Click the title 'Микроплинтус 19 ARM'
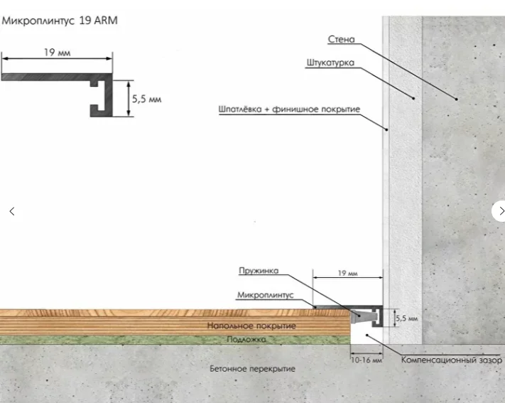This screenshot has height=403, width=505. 60,21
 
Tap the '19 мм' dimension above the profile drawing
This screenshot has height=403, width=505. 57,53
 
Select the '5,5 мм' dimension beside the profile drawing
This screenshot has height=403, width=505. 146,99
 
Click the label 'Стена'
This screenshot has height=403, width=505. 341,39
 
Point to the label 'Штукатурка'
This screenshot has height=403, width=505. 330,63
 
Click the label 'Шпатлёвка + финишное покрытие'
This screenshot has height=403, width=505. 289,109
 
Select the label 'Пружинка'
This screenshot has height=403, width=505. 259,271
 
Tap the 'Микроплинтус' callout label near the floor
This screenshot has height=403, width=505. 266,295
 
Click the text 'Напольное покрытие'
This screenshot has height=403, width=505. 251,326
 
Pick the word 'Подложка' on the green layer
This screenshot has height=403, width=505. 246,339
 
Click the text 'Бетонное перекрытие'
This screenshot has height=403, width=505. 253,368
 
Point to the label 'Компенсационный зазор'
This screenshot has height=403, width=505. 451,360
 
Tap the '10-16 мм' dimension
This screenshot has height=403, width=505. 366,360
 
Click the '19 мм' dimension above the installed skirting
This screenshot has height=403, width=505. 347,273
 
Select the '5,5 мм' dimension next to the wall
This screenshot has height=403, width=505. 406,318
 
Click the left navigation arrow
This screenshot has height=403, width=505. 12,212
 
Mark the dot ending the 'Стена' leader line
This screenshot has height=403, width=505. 457,99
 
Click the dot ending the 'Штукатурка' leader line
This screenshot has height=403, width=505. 414,98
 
